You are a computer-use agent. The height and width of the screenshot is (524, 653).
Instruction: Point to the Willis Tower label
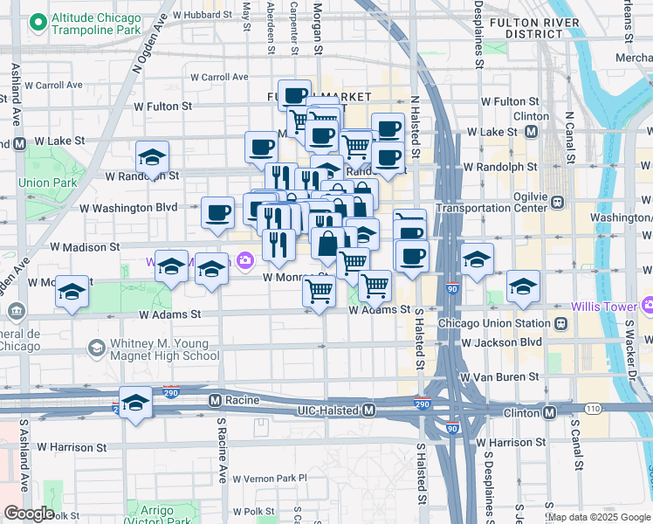pyautogui.click(x=604, y=307)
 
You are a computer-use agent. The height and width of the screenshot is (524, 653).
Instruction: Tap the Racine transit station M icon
pyautogui.click(x=215, y=400)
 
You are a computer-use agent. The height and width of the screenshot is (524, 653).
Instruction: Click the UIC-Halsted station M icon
pyautogui.click(x=368, y=410)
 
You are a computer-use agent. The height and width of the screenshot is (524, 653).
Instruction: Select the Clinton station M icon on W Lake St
pyautogui.click(x=532, y=132)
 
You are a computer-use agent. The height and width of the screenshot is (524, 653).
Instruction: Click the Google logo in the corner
pyautogui.click(x=28, y=514)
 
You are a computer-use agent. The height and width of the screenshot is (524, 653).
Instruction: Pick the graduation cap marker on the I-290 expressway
pyautogui.click(x=135, y=403)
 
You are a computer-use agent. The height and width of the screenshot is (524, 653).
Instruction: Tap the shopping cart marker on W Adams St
pyautogui.click(x=320, y=292)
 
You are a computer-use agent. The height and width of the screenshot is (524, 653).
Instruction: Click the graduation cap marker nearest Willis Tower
pyautogui.click(x=523, y=286)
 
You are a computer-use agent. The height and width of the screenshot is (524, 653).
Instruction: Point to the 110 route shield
pyautogui.click(x=593, y=409)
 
